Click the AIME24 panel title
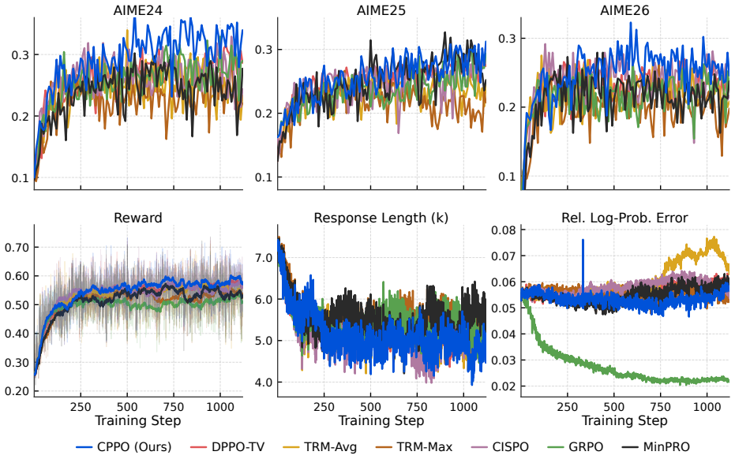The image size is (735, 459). coord(138,10)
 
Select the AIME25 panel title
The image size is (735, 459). coord(381,10)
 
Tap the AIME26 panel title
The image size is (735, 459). coord(624,10)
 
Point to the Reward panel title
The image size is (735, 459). coord(138,218)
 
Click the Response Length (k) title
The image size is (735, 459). coord(381,218)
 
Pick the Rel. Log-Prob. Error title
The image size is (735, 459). coord(624,218)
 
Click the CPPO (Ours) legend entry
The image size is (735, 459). coord(124,447)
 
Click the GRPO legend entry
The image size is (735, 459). coord(576,447)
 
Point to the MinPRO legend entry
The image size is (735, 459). coord(656,447)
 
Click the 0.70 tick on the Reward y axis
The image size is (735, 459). coord(17,248)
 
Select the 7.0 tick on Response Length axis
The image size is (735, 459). coord(264,258)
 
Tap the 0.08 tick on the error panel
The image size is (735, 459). coord(504,230)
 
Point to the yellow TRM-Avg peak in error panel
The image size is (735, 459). coord(714,239)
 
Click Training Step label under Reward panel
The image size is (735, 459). coord(138,420)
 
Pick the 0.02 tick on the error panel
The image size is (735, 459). coord(504,386)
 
